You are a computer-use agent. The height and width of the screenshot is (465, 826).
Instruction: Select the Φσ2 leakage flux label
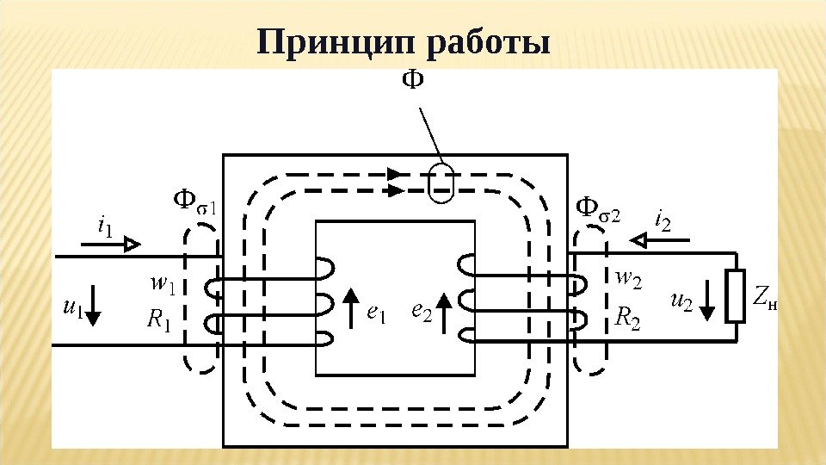coord(597,208)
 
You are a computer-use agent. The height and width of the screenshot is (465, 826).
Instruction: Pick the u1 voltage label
coord(72,307)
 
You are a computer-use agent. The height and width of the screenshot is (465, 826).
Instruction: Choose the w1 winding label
coord(162,282)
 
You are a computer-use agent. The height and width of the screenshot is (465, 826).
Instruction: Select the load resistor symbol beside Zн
coord(736,296)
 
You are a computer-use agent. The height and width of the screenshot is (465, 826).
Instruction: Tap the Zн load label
coord(764,300)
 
